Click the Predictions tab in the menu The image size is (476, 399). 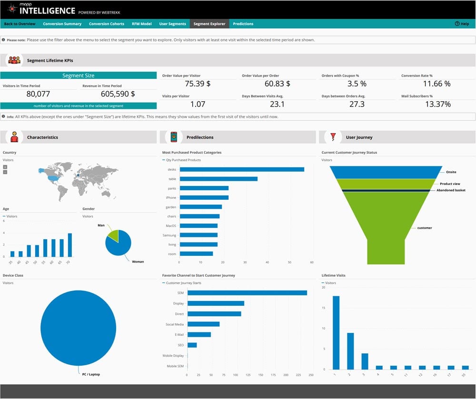click(243, 24)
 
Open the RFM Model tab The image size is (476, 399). click(141, 24)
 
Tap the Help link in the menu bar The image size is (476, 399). click(462, 24)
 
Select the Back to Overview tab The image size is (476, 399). click(20, 24)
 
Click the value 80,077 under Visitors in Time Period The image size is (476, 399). click(39, 94)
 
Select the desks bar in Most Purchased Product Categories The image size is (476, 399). click(241, 169)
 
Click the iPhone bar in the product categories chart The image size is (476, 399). click(204, 197)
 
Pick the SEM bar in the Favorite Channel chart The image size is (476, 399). click(247, 293)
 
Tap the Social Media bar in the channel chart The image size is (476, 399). click(203, 324)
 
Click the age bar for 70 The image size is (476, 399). click(70, 245)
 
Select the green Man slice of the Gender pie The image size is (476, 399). click(113, 234)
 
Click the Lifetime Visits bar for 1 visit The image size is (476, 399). click(336, 332)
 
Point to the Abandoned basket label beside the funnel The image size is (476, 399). click(451, 190)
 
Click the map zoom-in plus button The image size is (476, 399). click(5, 167)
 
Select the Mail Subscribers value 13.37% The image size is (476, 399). click(437, 104)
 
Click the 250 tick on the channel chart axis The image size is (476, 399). click(310, 375)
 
